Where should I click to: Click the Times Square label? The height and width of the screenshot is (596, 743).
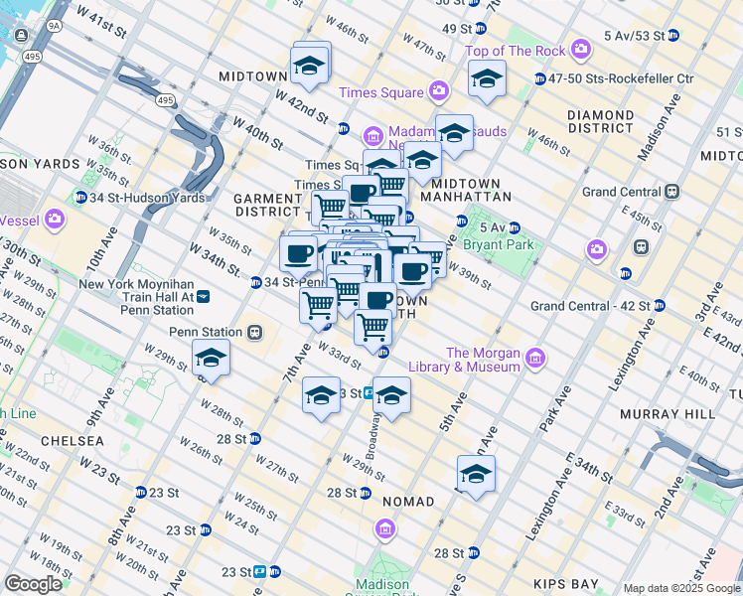(381, 92)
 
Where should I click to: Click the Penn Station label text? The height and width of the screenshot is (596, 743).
(206, 332)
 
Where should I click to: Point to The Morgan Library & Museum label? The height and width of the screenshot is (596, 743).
(483, 360)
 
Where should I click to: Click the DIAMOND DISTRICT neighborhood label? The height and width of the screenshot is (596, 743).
(601, 121)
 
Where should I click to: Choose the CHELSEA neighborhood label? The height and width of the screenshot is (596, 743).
(73, 440)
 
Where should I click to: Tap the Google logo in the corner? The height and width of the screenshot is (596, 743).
(33, 583)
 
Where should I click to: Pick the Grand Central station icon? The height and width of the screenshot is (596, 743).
(672, 191)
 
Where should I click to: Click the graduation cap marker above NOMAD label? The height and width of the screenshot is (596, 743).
(476, 475)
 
